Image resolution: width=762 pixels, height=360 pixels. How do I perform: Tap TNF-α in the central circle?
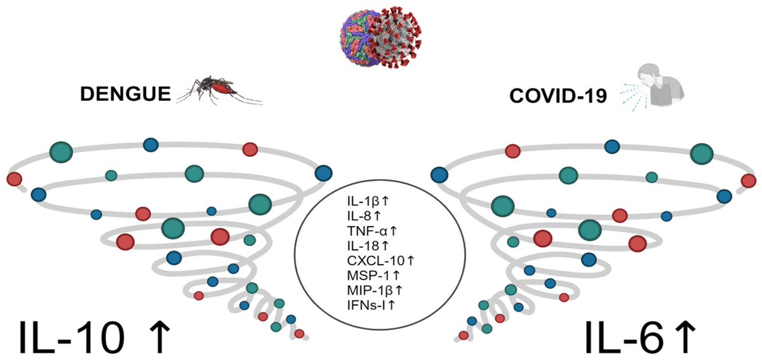(x=360, y=231)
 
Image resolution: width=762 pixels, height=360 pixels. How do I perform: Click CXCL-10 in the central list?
(x=367, y=261)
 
